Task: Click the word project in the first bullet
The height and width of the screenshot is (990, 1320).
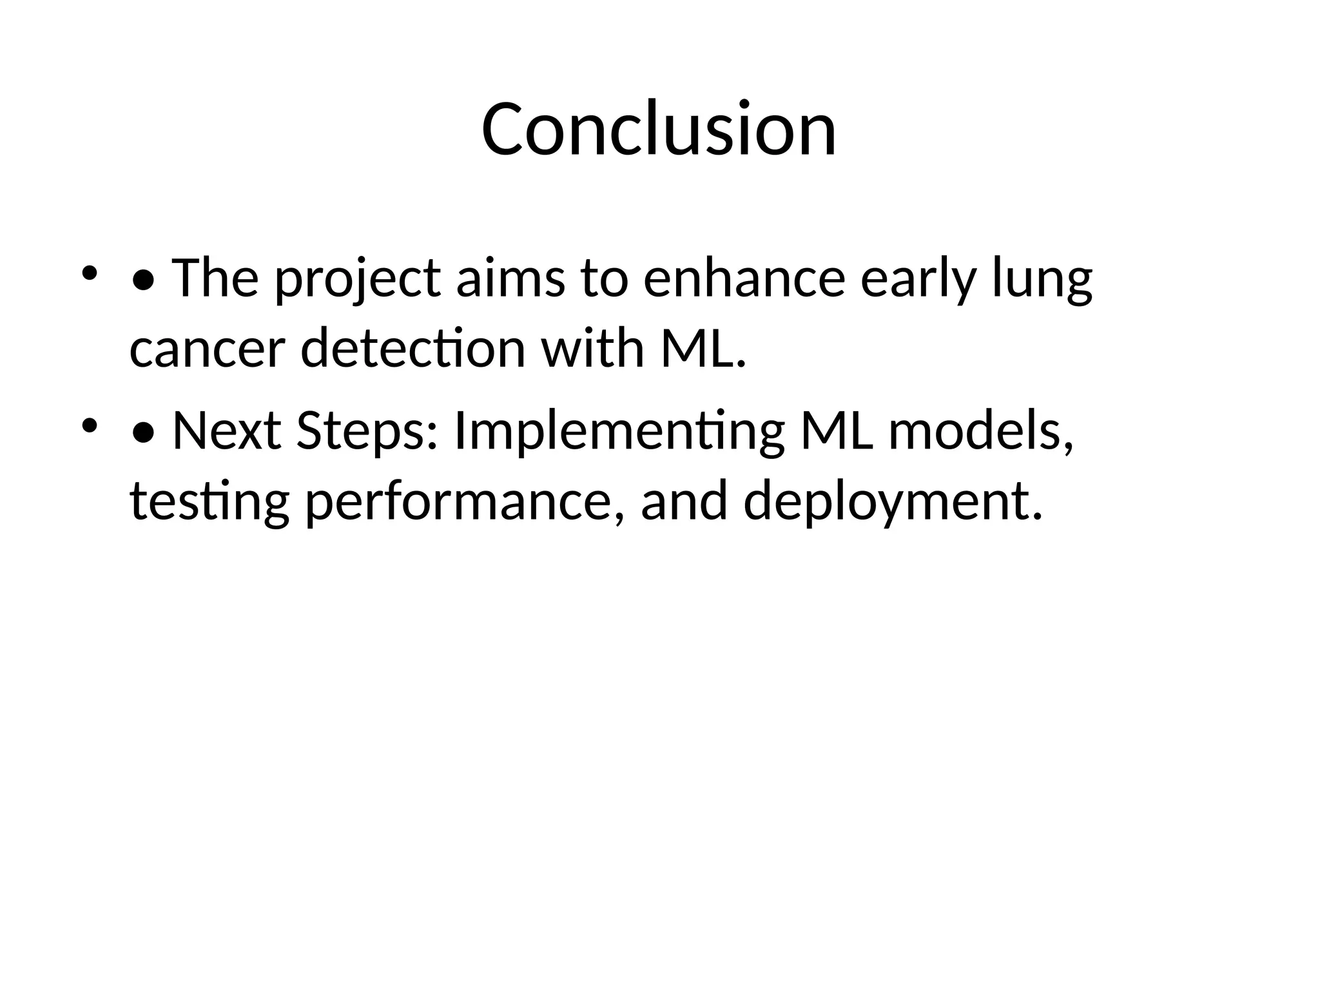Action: click(358, 278)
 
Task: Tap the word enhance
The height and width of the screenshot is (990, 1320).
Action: click(744, 278)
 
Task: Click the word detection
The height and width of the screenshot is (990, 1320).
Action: click(413, 348)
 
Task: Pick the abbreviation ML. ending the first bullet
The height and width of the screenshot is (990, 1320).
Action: click(703, 348)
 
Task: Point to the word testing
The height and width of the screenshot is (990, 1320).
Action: click(209, 501)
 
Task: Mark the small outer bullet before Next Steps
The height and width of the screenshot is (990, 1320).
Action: click(89, 425)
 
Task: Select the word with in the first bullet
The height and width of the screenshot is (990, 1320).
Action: click(592, 348)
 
